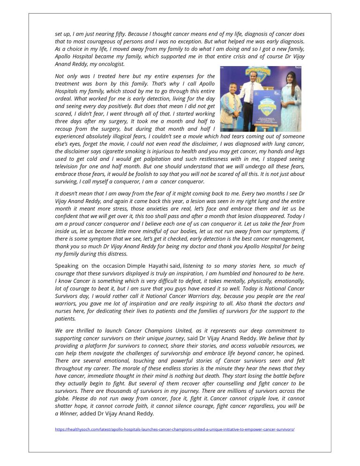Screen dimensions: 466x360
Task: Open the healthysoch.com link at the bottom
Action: click(x=174, y=429)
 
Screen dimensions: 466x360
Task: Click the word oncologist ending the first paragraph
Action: click(x=112, y=64)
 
